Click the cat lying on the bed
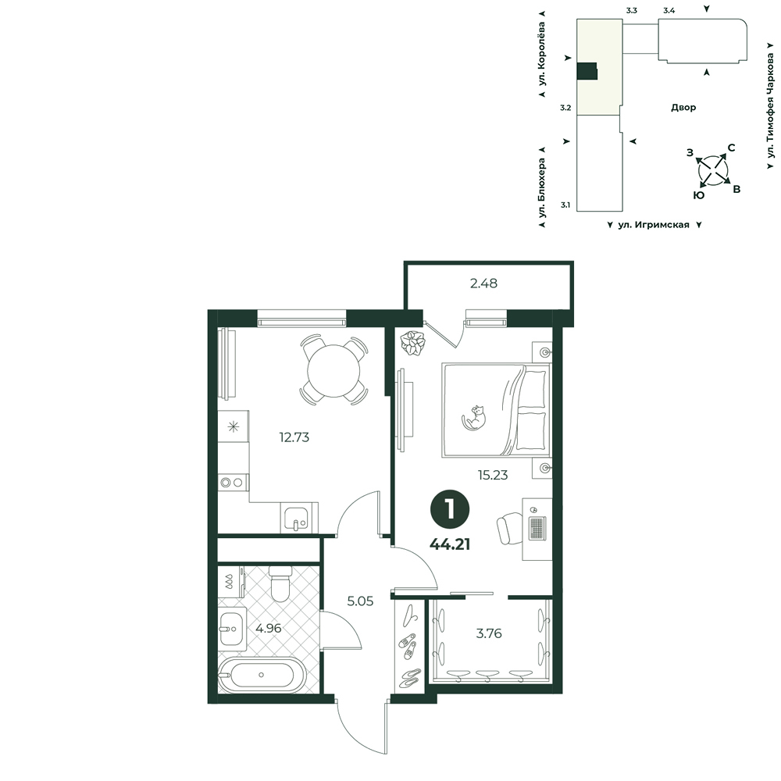pyautogui.click(x=474, y=417)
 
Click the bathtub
pyautogui.click(x=261, y=675)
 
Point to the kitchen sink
pyautogui.click(x=296, y=517)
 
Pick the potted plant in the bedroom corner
pyautogui.click(x=413, y=343)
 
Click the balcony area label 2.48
pyautogui.click(x=483, y=284)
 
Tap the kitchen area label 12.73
pyautogui.click(x=294, y=437)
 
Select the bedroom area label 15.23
pyautogui.click(x=493, y=475)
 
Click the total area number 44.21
pyautogui.click(x=450, y=544)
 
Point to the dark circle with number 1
pyautogui.click(x=450, y=510)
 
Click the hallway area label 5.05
pyautogui.click(x=360, y=601)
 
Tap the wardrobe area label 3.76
pyautogui.click(x=489, y=633)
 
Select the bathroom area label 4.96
pyautogui.click(x=269, y=629)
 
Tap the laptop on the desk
pyautogui.click(x=537, y=529)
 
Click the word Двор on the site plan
pyautogui.click(x=683, y=107)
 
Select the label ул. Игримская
pyautogui.click(x=654, y=225)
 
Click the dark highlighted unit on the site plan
pyautogui.click(x=587, y=71)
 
